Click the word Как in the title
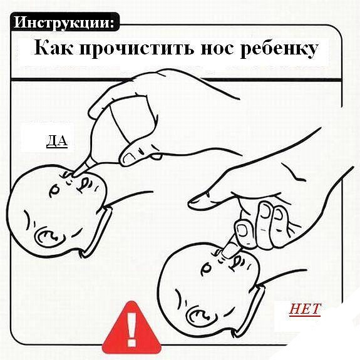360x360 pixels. [x=53, y=48]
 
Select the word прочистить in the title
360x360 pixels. [x=136, y=48]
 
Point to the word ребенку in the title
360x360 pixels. [x=279, y=49]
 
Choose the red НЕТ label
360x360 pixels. [x=305, y=309]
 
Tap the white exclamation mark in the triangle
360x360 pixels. [x=131, y=329]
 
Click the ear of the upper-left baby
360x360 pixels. [x=46, y=237]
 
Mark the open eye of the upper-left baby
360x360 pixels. [x=54, y=190]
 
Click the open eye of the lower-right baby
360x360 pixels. [x=207, y=269]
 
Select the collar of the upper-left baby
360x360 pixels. [x=97, y=231]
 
